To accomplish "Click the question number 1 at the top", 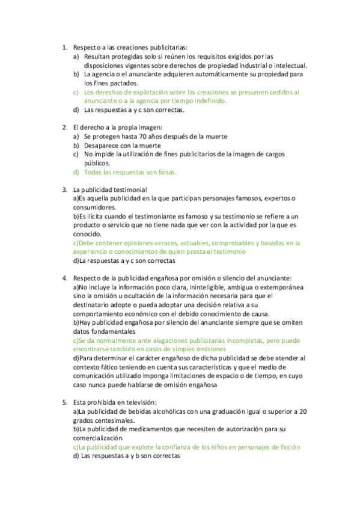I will [x=64, y=48].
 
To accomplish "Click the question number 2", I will [x=64, y=127].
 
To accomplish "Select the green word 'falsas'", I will [x=165, y=172].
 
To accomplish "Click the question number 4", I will [x=64, y=278].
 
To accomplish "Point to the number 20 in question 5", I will [x=303, y=411].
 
